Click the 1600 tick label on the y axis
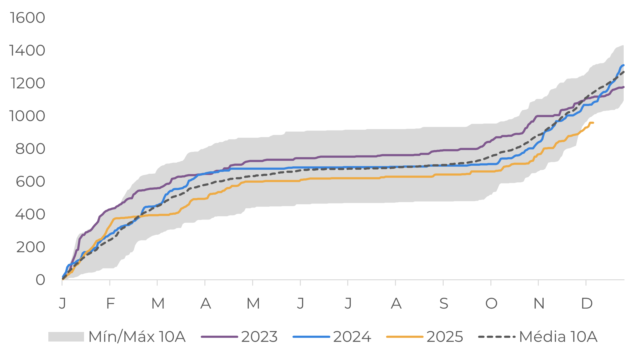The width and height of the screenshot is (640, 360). point(27,18)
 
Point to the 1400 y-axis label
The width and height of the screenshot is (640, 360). point(27,51)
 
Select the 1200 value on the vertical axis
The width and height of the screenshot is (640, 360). point(28,83)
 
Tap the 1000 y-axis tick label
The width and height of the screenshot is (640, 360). point(27,116)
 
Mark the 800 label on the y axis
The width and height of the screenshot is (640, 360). point(30,149)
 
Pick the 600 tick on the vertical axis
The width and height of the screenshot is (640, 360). point(30,182)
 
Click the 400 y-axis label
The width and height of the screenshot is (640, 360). point(30,214)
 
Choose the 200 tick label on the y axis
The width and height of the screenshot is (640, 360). point(30,247)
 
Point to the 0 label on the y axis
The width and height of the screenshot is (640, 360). point(40,280)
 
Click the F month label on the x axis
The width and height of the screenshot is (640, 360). point(110,304)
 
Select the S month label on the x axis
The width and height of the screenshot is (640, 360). point(444,304)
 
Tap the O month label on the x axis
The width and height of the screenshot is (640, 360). point(491,304)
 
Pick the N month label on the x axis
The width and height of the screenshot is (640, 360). point(539,304)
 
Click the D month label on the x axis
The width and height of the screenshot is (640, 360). point(587,304)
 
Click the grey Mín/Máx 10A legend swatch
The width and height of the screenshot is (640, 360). point(66,337)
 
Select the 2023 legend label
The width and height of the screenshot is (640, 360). point(259,337)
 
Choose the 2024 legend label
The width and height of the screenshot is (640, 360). point(352,337)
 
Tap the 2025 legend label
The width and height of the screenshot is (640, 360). point(445,337)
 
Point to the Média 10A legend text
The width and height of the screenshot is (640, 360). point(558,337)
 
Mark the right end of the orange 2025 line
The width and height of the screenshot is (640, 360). point(593,123)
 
